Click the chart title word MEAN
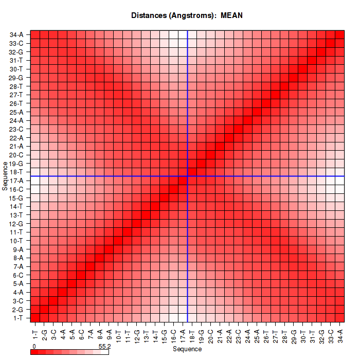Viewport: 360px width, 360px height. click(x=231, y=15)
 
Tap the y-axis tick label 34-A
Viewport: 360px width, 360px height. click(x=16, y=35)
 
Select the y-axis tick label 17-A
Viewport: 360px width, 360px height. click(x=16, y=181)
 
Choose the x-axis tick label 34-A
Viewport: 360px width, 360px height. click(x=339, y=331)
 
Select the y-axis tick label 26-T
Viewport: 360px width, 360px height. click(x=16, y=103)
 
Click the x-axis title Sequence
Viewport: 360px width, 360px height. click(x=187, y=349)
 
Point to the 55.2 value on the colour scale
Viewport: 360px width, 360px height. click(x=104, y=347)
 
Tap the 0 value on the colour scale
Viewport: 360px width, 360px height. click(x=33, y=347)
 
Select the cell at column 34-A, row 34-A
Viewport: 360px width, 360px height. click(x=339, y=34)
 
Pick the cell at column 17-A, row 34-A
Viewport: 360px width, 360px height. click(x=183, y=34)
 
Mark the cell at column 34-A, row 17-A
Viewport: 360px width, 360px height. click(x=339, y=180)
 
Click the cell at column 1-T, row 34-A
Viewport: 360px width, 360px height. click(x=35, y=34)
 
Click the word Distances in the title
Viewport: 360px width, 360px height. click(x=148, y=15)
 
